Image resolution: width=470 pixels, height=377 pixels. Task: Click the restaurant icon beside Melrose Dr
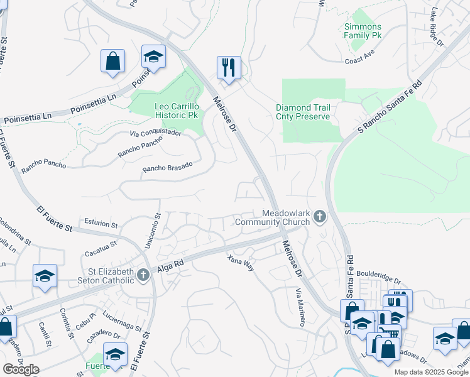[229, 67]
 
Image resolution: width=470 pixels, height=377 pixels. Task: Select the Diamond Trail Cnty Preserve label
[303, 112]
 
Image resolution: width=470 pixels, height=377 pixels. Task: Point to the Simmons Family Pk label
[363, 31]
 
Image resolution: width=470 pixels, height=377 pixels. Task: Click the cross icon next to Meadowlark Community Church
[320, 217]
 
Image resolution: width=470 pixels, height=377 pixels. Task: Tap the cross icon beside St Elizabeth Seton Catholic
[144, 275]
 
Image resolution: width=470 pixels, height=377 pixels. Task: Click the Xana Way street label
[241, 263]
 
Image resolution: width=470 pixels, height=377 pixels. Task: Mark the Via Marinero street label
[300, 307]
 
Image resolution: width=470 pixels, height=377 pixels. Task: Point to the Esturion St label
[101, 224]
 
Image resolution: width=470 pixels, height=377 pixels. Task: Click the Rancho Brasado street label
[167, 168]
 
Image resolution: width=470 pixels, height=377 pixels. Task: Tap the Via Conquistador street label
[155, 133]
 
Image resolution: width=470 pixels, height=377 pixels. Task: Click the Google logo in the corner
[21, 369]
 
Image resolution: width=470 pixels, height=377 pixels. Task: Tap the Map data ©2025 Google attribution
[431, 372]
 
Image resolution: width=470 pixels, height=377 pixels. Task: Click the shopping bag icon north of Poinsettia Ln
[112, 62]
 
